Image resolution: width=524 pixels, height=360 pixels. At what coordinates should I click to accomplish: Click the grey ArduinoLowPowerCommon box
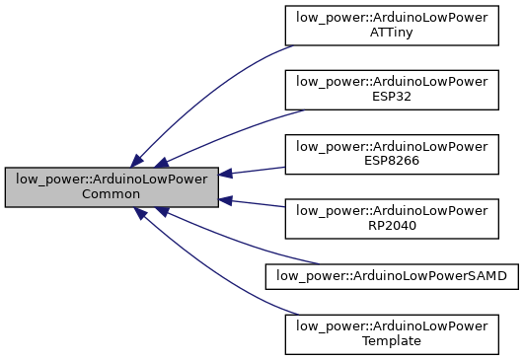coord(111,186)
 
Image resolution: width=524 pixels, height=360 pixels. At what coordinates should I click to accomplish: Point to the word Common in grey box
coord(111,194)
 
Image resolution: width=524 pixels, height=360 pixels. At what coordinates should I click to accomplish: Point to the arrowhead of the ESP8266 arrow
coord(225,174)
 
